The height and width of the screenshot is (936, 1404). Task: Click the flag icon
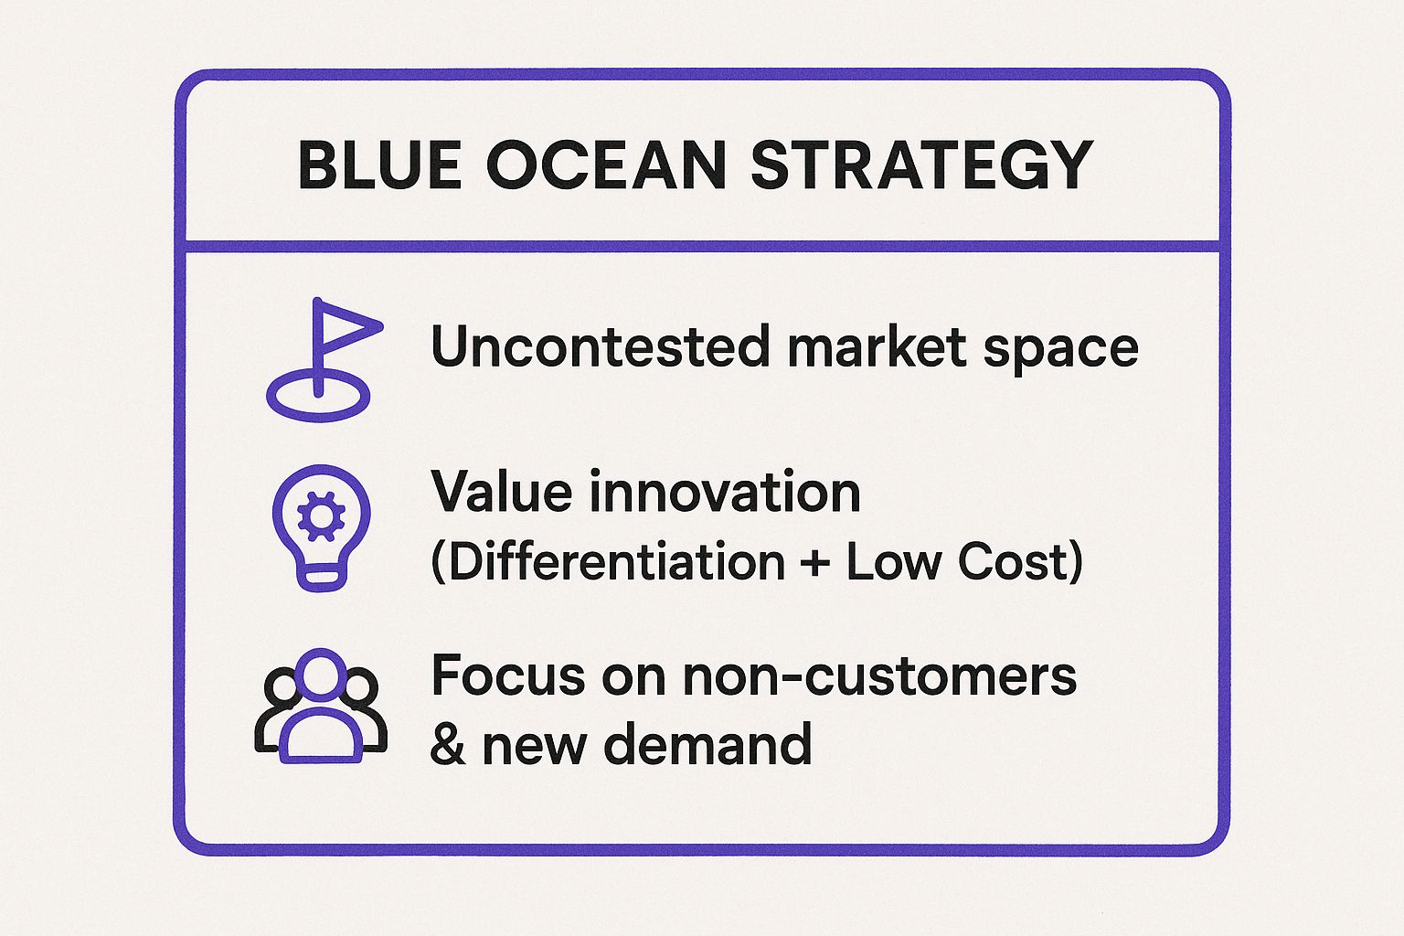pos(321,360)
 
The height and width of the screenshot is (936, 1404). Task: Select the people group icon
pos(320,706)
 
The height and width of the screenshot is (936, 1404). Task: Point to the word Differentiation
pos(616,561)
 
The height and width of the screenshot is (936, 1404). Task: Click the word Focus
pos(508,676)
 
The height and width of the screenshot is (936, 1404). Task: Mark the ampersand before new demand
pos(447,745)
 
